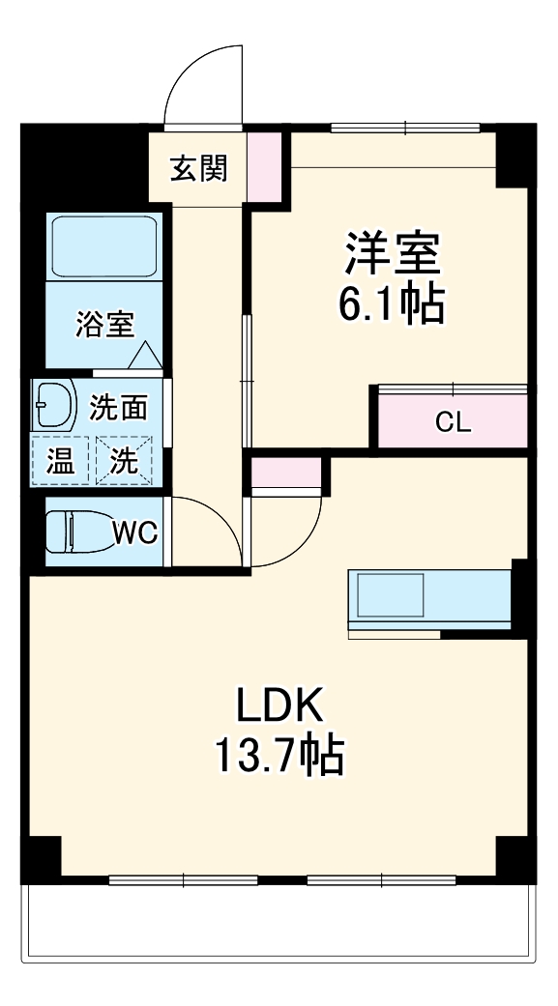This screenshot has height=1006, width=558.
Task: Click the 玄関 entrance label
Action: point(198,169)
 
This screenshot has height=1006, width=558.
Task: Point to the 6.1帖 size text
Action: point(392,303)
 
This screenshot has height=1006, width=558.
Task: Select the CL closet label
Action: point(453,421)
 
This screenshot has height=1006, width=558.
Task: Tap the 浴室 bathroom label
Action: point(105,324)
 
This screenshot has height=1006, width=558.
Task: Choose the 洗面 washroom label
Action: point(118,407)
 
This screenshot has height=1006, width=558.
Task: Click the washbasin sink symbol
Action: point(54,406)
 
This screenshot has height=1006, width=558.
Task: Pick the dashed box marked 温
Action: point(60,460)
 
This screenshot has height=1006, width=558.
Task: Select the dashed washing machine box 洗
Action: point(124,460)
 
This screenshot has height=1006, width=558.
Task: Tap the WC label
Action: point(135,532)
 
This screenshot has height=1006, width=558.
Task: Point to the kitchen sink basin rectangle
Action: point(391,594)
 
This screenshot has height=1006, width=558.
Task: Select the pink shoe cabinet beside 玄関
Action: point(265,167)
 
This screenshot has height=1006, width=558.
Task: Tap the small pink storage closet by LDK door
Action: point(285,474)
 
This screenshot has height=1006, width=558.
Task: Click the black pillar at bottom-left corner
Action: point(41,859)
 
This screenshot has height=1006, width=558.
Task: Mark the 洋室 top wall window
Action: point(405,127)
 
